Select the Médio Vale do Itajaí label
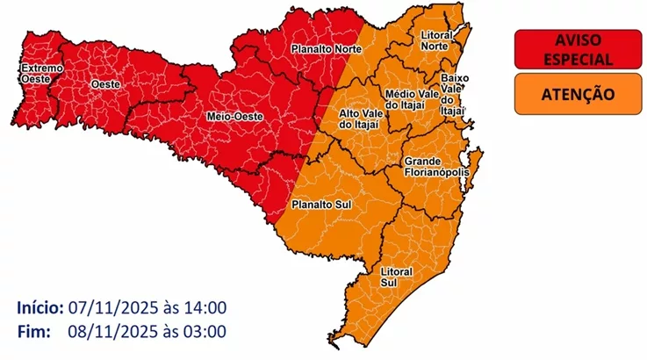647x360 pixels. [x=410, y=99]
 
